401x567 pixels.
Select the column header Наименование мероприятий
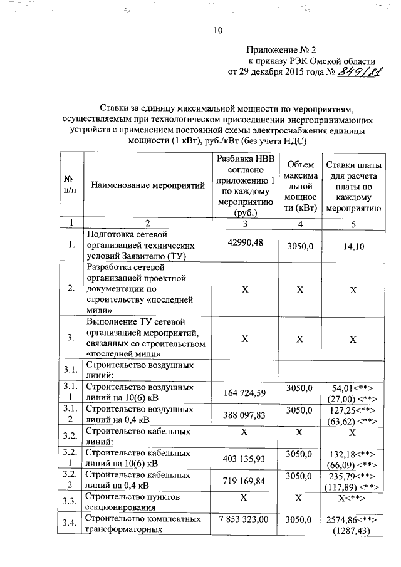[x=148, y=185]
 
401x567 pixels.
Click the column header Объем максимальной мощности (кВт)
[x=299, y=185]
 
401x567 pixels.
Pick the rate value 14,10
[x=353, y=247]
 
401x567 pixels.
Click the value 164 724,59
[x=244, y=393]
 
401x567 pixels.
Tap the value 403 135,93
[x=244, y=459]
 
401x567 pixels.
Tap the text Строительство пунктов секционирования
[x=132, y=502]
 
